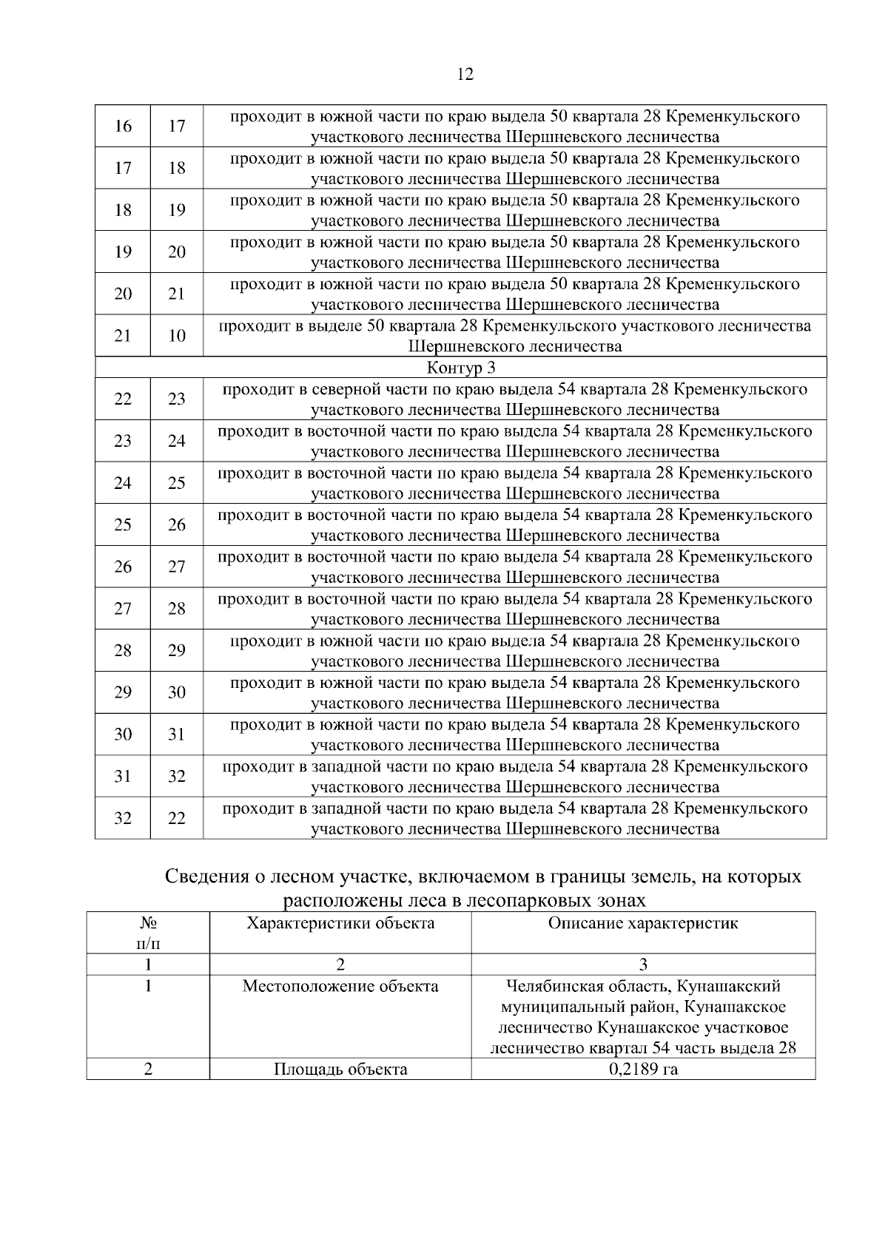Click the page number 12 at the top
tap(465, 74)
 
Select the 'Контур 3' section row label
tap(460, 368)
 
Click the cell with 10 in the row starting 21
tap(176, 336)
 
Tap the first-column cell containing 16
tap(123, 126)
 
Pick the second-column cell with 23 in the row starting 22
tap(176, 399)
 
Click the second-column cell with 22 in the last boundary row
tap(176, 818)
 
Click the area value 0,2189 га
tap(643, 1070)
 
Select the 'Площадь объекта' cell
tap(340, 1070)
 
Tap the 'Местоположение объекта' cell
tap(340, 987)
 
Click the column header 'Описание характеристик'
tap(643, 923)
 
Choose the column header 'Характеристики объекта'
tap(340, 923)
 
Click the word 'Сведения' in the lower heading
tap(206, 877)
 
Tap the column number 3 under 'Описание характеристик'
tap(643, 965)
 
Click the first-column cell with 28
tap(123, 651)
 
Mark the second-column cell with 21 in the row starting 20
tap(176, 294)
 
